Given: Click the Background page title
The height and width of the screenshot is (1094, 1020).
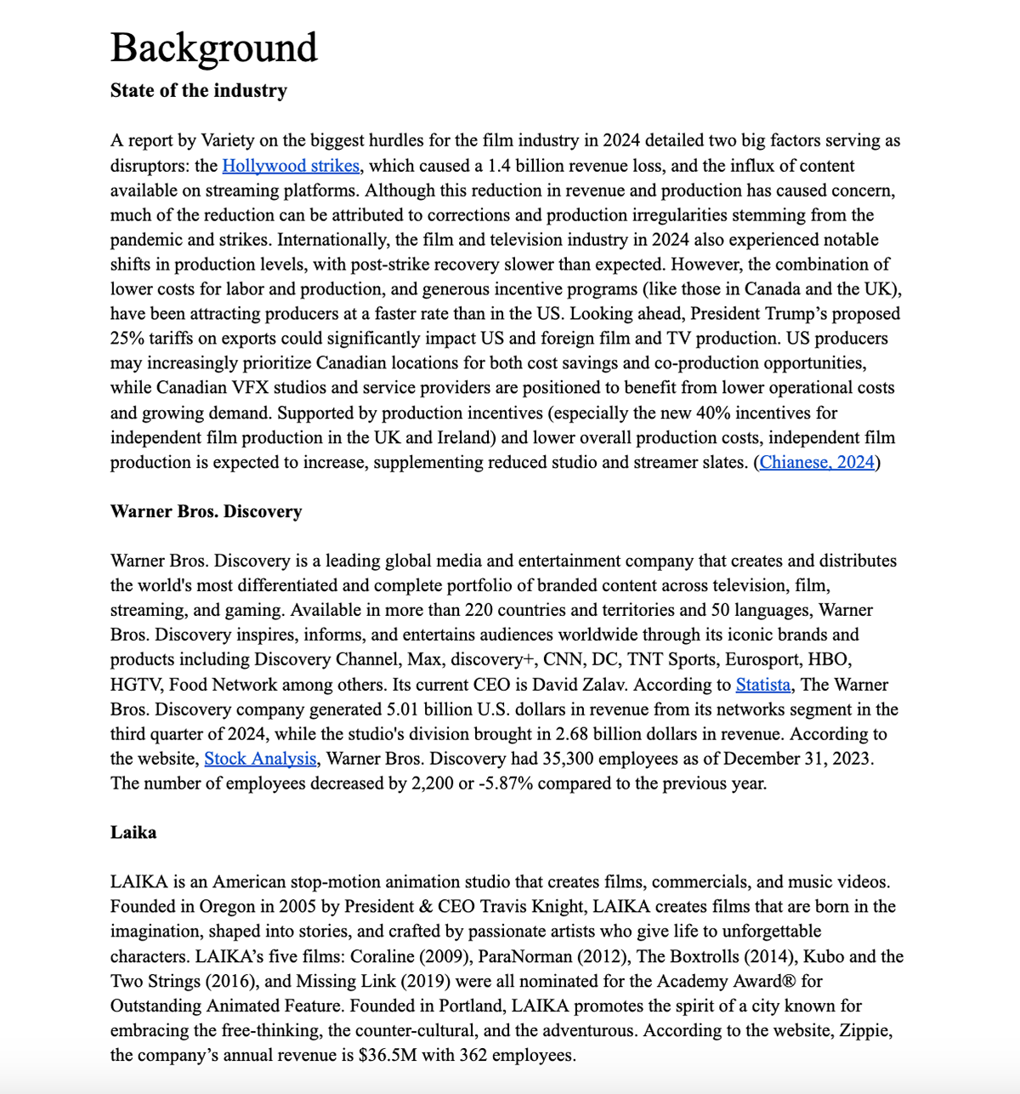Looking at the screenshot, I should pos(213,48).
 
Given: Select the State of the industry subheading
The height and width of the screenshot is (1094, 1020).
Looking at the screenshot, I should pos(198,90).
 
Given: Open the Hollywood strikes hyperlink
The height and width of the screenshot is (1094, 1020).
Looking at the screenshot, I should pos(290,165).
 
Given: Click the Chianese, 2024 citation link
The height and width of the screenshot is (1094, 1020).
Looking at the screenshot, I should pos(817,462).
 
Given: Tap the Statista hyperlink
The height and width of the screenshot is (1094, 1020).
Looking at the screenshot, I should pos(762,684).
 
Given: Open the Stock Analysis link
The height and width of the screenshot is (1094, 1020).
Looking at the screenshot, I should pos(260,758).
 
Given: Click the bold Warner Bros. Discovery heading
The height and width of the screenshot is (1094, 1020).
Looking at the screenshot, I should pos(206,511).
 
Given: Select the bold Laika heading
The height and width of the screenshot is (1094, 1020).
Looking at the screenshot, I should pos(133,832).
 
